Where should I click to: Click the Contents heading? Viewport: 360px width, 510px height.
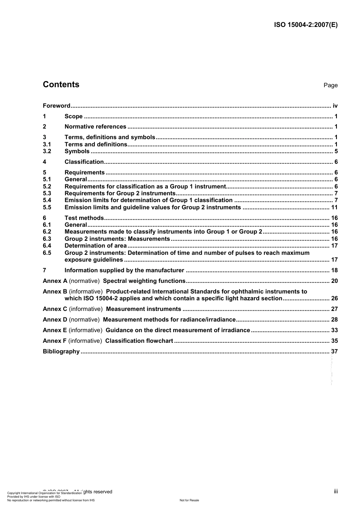61,85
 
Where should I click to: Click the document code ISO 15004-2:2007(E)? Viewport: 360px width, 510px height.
305,25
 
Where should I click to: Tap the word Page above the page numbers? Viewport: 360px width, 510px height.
330,85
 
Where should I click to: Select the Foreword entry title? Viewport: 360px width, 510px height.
56,106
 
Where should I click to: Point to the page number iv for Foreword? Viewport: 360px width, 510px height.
335,106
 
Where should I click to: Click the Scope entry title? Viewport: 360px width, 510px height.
74,116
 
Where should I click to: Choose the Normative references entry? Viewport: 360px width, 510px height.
95,127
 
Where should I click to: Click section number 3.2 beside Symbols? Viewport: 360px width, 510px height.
47,151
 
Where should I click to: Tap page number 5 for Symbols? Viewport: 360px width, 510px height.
336,151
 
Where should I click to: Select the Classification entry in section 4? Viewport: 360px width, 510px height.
84,162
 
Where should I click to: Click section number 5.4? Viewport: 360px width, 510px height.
47,200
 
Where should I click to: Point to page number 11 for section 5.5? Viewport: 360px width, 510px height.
334,207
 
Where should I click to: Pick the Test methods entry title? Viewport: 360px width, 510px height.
84,218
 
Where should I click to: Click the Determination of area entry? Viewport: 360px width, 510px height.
95,246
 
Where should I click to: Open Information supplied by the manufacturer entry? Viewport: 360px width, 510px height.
124,270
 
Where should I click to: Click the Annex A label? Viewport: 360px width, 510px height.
55,281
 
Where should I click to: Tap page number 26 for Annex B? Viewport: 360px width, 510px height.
334,298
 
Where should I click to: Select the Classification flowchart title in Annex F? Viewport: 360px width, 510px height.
139,341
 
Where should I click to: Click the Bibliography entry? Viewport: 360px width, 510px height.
61,352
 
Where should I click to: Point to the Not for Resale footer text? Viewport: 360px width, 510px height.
189,500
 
